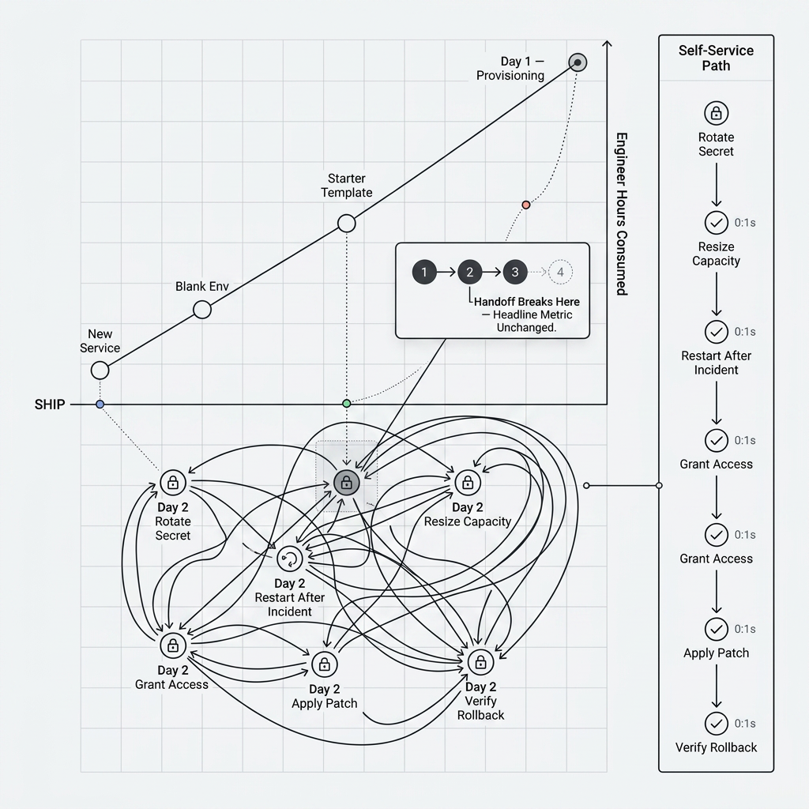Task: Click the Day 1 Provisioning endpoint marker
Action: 578,62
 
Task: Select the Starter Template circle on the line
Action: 346,224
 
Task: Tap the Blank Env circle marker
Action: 202,309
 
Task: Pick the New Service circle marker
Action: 100,370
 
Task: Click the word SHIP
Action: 49,404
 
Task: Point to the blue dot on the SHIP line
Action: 100,404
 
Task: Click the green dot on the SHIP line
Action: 346,404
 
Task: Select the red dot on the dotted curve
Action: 526,205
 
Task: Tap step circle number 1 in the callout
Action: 424,273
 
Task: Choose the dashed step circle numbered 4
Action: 560,273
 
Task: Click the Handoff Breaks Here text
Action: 526,302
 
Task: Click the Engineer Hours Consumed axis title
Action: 622,213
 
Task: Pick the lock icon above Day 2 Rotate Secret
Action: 172,481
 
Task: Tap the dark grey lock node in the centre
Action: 346,482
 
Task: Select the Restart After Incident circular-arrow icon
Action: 289,559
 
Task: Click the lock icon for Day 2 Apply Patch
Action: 324,663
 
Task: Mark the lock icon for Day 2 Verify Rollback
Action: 480,661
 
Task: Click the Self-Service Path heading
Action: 716,58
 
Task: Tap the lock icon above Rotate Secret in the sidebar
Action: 716,113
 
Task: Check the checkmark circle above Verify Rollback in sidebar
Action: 716,723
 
